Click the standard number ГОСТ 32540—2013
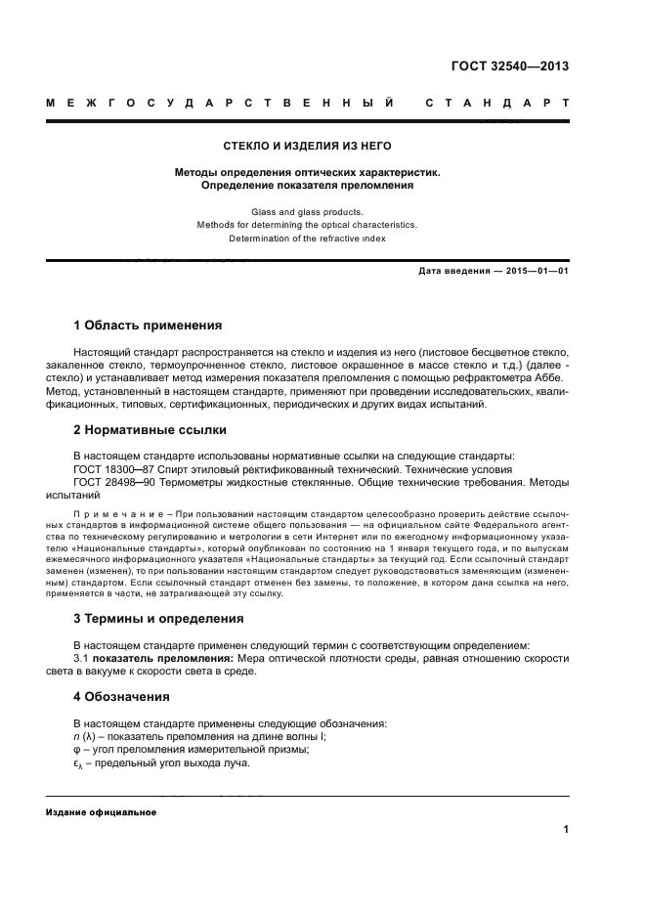pos(519,67)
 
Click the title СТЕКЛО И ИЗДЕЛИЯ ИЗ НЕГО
pos(308,146)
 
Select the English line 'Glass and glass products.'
pos(308,211)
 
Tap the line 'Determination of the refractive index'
pos(308,238)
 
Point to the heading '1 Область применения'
pos(148,325)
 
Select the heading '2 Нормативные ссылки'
pos(151,429)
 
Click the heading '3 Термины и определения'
pos(158,619)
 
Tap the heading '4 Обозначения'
pos(122,697)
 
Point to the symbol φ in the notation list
pos(78,750)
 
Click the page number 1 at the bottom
pos(566,831)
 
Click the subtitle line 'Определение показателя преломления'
pos(308,184)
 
